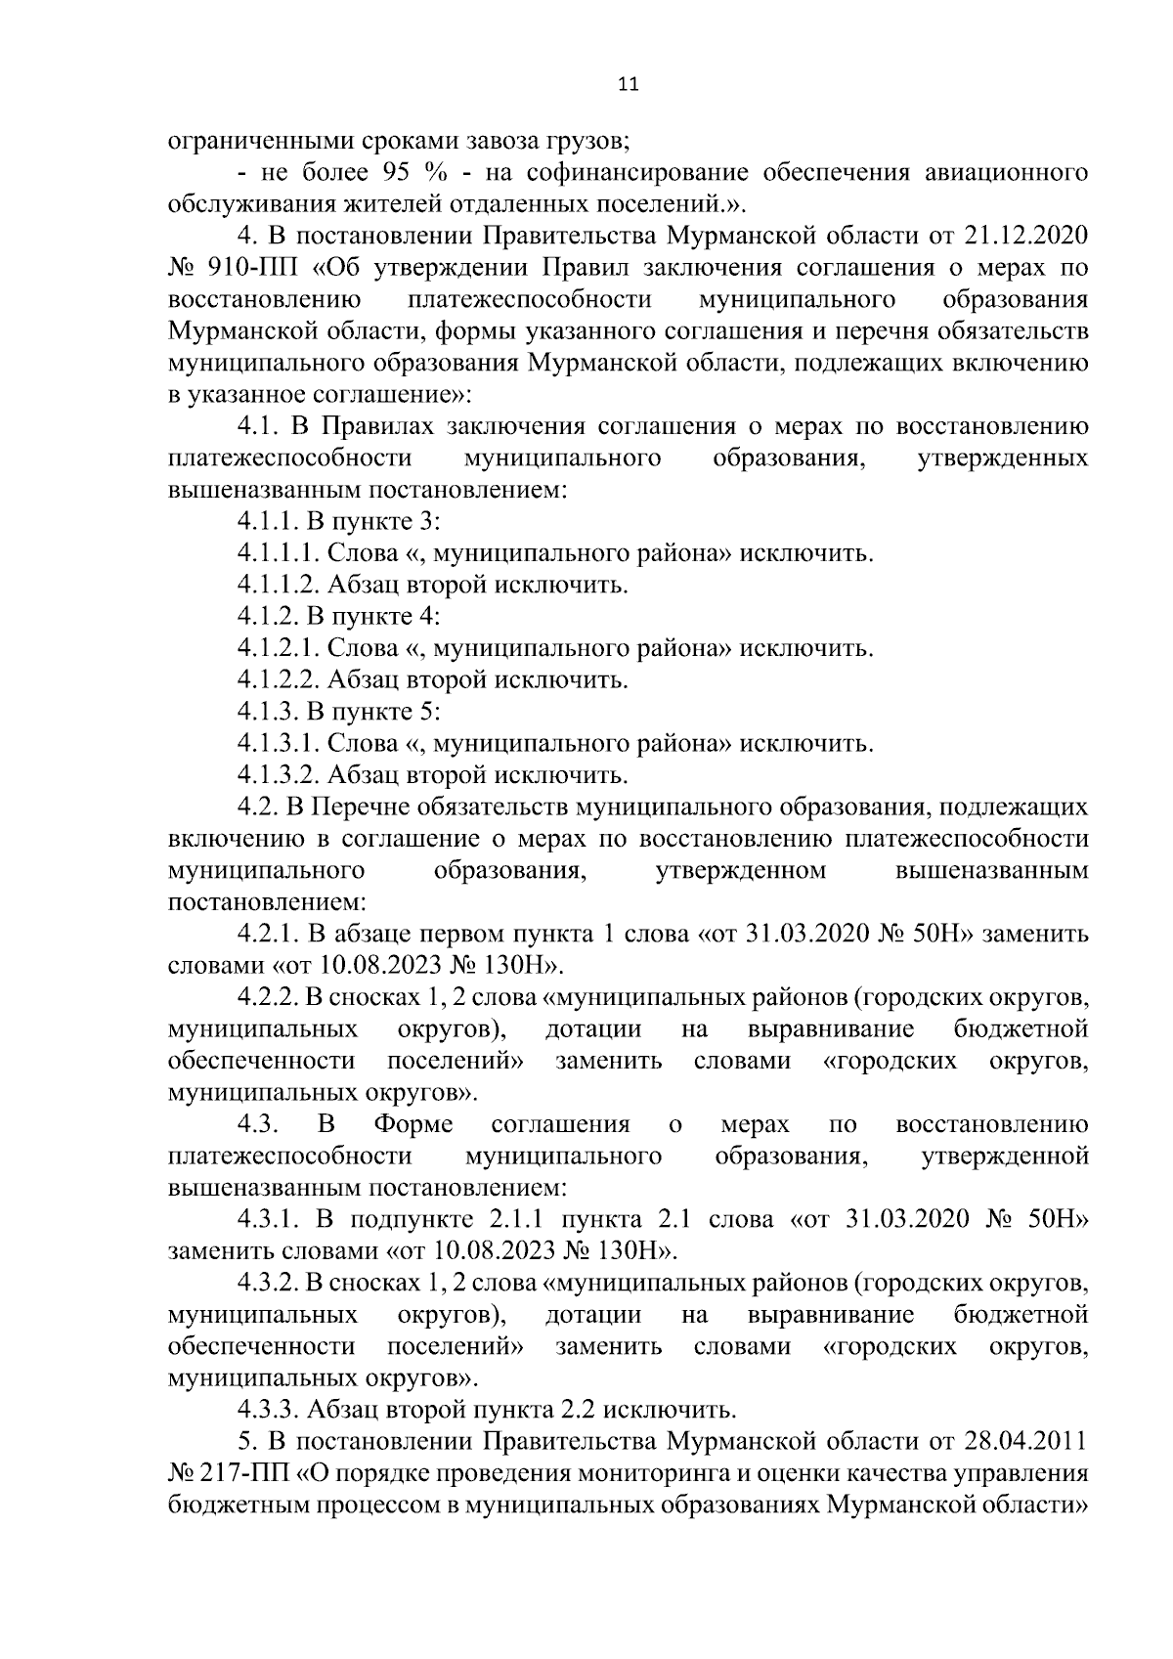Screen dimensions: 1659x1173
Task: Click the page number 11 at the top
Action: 629,85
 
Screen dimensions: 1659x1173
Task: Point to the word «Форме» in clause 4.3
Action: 413,1124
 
